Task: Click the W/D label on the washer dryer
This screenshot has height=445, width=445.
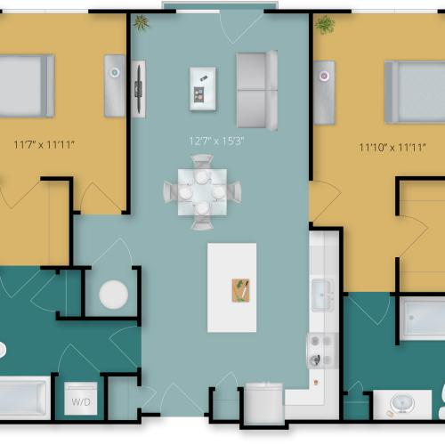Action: (x=81, y=402)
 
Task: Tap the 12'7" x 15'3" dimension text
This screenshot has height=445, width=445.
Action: (x=216, y=141)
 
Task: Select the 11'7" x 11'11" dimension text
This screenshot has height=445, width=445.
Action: (x=44, y=145)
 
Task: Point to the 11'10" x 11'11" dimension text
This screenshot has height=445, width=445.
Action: (x=392, y=147)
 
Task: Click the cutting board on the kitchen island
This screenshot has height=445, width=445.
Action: (x=240, y=290)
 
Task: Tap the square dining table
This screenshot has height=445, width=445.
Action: (x=203, y=192)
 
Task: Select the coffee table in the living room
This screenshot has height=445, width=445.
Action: (x=203, y=89)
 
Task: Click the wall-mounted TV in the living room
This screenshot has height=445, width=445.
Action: (x=139, y=89)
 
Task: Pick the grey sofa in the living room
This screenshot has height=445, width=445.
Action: (x=257, y=90)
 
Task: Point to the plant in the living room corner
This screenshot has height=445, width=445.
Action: (x=142, y=22)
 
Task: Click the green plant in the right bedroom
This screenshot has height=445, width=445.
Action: (x=325, y=25)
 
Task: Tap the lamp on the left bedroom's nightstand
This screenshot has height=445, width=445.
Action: (x=115, y=72)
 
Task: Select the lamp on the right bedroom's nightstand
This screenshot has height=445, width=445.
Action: (x=324, y=76)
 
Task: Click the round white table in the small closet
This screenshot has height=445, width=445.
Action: (x=114, y=295)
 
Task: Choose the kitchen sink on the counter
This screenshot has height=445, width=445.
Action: (x=323, y=295)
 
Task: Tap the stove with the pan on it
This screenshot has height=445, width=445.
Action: (x=322, y=351)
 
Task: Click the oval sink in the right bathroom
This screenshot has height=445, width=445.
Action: (x=402, y=403)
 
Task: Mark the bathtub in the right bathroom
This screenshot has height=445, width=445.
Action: (x=422, y=318)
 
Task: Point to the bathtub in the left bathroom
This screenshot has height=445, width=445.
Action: (x=25, y=398)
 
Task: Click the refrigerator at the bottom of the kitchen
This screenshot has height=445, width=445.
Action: (x=264, y=403)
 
